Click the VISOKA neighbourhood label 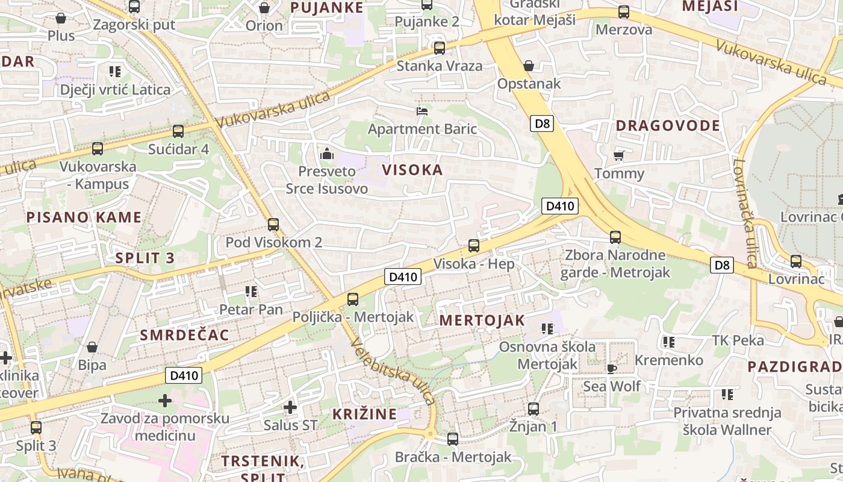tap(412, 170)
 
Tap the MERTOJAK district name tap(482, 321)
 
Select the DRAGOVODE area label tap(668, 126)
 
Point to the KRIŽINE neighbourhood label tap(365, 415)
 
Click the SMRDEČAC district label tap(185, 336)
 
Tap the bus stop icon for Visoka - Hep tap(474, 246)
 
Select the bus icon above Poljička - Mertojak tap(353, 299)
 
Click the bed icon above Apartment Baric tap(423, 111)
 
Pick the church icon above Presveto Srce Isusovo tap(327, 154)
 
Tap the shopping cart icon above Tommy tap(619, 155)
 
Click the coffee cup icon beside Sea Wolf tap(612, 368)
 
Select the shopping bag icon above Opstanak tap(529, 65)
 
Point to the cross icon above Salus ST tap(290, 407)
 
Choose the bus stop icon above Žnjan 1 tap(533, 409)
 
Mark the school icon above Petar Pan tap(251, 292)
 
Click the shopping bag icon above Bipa tap(92, 347)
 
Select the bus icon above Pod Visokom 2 tap(273, 225)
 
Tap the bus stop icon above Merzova tap(624, 12)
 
